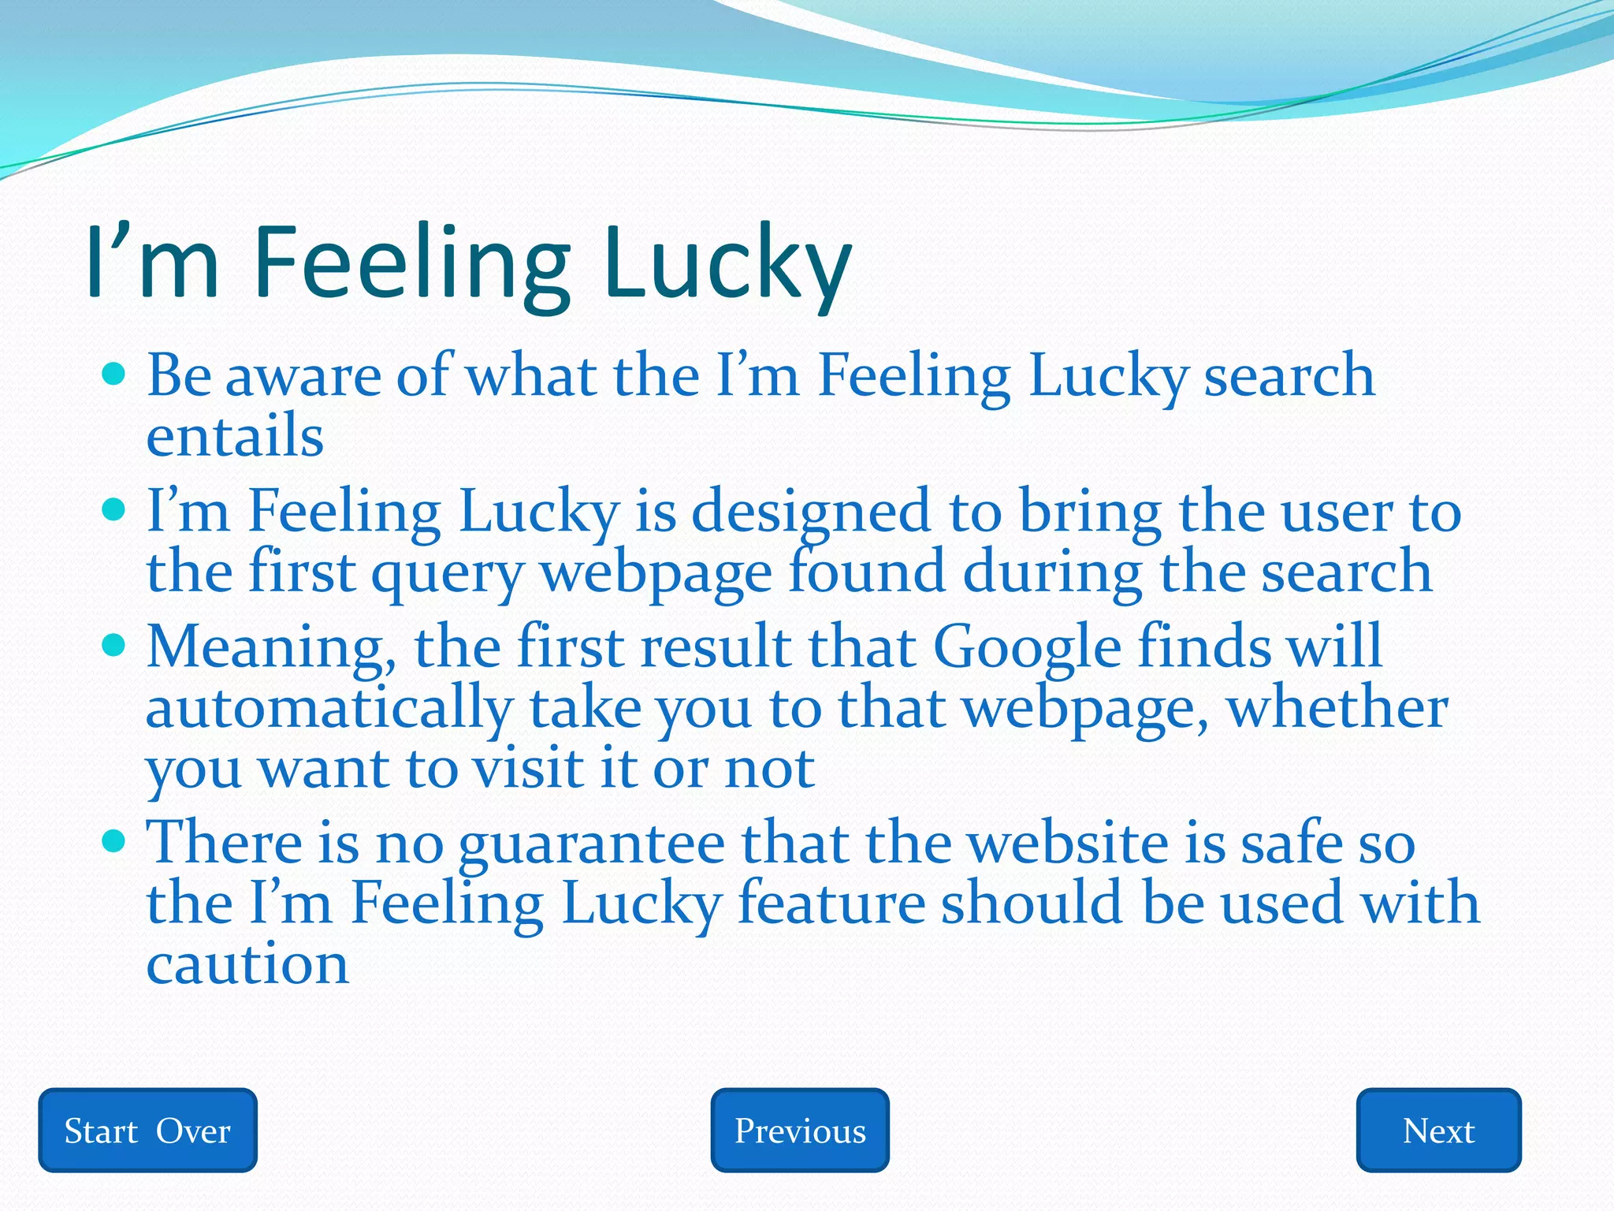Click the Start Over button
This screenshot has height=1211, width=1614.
coord(147,1131)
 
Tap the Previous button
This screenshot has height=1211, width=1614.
coord(800,1131)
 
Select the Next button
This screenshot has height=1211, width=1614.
coord(1438,1131)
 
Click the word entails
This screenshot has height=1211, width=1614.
coord(235,436)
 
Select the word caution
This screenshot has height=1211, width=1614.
coord(247,963)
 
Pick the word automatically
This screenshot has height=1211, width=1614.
coord(329,709)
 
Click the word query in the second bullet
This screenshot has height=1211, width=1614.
coord(447,573)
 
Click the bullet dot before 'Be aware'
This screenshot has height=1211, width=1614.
coord(114,373)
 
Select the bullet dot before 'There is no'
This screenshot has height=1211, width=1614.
coord(114,841)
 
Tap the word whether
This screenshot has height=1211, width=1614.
coord(1337,707)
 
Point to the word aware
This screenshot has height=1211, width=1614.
coord(303,376)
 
